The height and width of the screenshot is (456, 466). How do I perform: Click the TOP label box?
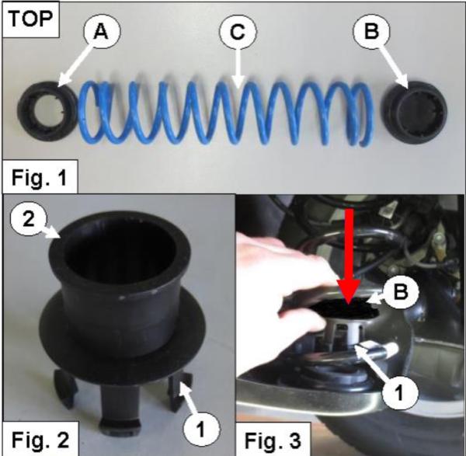coord(30,19)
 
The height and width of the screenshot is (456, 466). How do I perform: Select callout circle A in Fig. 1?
coord(102,31)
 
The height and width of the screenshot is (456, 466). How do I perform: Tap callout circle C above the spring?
coord(238,31)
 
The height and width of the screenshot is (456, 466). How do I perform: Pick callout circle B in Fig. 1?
coord(371,31)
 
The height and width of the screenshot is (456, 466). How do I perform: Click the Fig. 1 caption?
coord(40,177)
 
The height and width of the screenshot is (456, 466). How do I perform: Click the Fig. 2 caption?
coord(40,439)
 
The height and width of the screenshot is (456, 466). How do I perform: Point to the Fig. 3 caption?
coord(273,440)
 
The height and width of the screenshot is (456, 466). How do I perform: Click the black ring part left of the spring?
coord(47,111)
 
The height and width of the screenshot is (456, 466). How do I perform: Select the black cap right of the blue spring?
coord(414,113)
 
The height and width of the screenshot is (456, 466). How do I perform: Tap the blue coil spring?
coord(225,113)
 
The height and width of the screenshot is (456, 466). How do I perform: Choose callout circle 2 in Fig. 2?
coord(29,221)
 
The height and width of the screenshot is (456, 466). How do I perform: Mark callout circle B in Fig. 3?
coord(400,291)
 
